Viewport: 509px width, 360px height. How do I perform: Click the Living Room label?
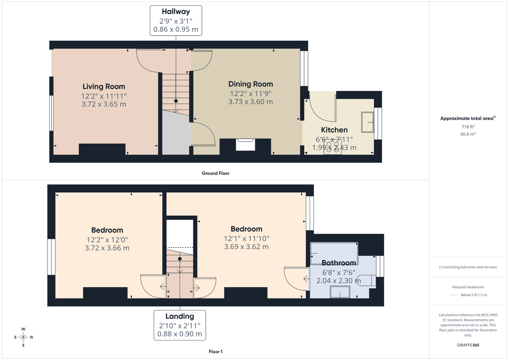[x=103, y=87]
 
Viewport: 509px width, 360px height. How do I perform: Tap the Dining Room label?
[x=251, y=84]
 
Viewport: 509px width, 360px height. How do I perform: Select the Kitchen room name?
[x=334, y=130]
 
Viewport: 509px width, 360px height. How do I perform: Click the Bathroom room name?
[x=338, y=263]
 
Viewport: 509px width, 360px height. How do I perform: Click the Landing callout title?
[x=179, y=316]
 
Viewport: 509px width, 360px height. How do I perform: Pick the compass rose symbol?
[x=23, y=337]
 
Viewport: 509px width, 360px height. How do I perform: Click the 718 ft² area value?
[x=468, y=127]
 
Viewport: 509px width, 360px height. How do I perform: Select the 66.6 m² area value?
[x=468, y=134]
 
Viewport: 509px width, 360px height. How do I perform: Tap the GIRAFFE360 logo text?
[x=468, y=345]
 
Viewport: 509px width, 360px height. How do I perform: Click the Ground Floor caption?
[x=215, y=173]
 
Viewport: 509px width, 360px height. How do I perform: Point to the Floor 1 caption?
[x=215, y=352]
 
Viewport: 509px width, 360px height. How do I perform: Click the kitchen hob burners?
[x=333, y=148]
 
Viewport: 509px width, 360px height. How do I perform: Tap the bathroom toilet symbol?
[x=366, y=280]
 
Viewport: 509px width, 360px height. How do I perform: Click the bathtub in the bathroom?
[x=334, y=254]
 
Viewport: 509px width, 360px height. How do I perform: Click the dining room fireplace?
[x=246, y=145]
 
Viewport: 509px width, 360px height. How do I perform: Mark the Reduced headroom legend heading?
[x=468, y=287]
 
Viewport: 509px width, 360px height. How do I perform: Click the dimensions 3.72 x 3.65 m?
[x=103, y=104]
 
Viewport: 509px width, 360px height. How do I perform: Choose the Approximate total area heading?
[x=468, y=119]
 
